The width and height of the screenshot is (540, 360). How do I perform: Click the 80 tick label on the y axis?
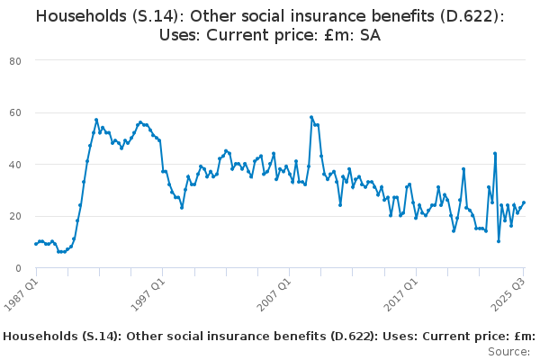click(15, 60)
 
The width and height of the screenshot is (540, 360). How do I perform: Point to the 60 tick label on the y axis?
click(15, 112)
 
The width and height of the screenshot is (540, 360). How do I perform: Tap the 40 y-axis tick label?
click(15, 165)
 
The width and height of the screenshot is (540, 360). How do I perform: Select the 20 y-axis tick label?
click(15, 216)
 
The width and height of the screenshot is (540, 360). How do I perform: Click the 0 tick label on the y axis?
click(18, 268)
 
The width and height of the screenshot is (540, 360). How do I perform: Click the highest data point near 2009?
click(311, 117)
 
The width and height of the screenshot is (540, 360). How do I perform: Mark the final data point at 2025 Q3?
click(524, 202)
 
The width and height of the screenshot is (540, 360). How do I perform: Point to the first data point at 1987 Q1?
click(36, 244)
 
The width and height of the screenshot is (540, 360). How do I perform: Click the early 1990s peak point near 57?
click(96, 120)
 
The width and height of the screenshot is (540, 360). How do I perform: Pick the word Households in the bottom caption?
click(40, 336)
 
